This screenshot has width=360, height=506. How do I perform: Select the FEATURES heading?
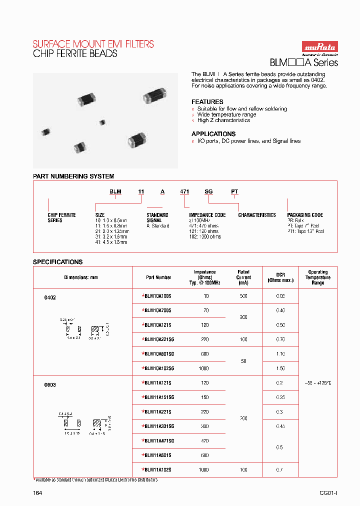[207, 101]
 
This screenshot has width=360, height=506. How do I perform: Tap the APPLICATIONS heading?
[213, 134]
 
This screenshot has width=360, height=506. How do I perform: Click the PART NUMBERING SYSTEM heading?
[73, 176]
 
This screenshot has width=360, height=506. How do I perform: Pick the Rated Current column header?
[243, 277]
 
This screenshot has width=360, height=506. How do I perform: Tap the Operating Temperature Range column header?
[318, 277]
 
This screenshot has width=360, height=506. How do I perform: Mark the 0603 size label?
[50, 385]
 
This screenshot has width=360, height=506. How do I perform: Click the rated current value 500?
[243, 296]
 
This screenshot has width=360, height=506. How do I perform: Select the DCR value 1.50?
[280, 368]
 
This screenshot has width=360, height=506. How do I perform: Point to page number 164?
[37, 493]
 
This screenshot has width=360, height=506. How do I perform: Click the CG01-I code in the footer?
[328, 493]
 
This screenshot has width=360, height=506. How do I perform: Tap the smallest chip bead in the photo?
[102, 122]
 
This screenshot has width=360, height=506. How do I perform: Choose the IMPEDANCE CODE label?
[207, 215]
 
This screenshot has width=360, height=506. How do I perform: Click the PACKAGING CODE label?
[305, 215]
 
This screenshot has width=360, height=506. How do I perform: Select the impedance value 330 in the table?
[204, 426]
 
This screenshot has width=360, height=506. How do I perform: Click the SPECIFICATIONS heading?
[57, 261]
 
